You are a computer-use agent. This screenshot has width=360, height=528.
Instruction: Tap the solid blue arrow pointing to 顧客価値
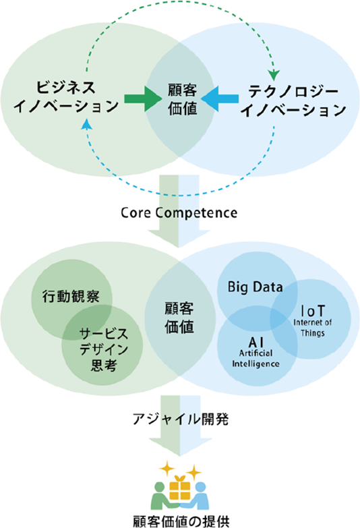220,98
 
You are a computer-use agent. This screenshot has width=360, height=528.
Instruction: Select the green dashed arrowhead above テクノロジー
275,76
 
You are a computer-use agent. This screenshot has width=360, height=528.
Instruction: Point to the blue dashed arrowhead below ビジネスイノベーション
87,124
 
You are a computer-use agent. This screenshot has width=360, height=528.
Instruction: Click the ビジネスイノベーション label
65,97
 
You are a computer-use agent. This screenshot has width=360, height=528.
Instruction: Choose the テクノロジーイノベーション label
293,100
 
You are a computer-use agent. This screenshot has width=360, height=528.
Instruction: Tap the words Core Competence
179,213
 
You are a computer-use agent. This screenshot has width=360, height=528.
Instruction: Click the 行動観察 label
71,296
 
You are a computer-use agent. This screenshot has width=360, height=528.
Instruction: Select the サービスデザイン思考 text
104,349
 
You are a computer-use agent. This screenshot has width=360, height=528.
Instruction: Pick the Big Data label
255,287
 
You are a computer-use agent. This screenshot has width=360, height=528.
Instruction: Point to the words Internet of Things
313,328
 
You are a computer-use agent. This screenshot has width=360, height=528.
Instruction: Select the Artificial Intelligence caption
256,358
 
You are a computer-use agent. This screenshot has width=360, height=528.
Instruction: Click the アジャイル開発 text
180,419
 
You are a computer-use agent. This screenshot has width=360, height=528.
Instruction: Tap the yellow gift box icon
180,487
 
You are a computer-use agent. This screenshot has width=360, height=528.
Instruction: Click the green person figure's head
160,488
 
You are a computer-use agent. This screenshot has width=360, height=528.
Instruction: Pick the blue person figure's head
200,488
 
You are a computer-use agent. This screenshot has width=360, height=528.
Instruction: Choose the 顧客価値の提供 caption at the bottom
181,521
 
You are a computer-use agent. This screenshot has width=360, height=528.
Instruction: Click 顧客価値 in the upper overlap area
182,100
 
